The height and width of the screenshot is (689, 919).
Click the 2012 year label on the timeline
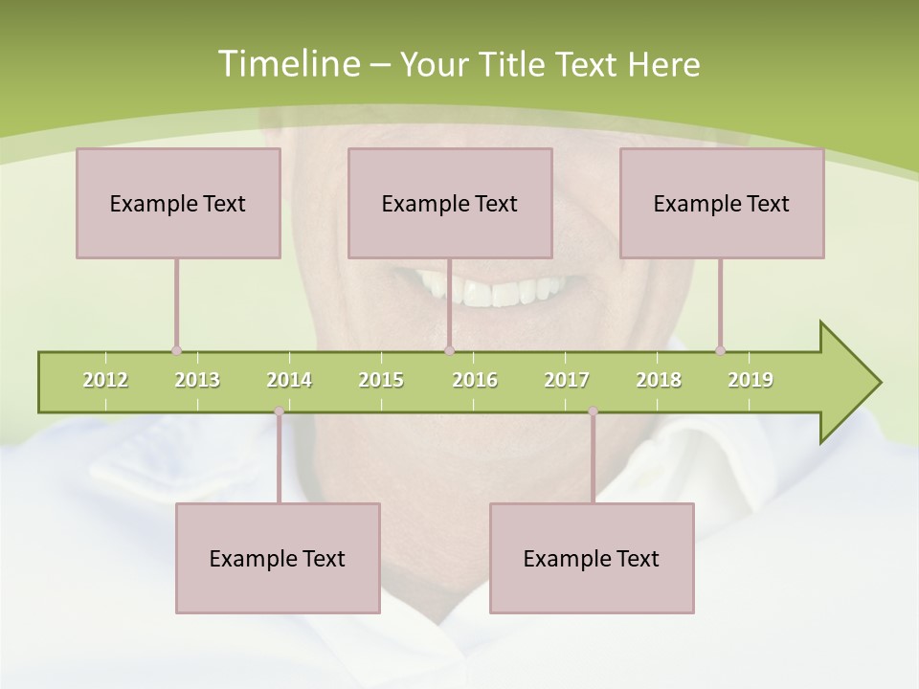[x=105, y=380]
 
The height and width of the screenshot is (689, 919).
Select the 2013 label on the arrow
[x=197, y=380]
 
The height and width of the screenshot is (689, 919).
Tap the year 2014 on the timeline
[x=289, y=380]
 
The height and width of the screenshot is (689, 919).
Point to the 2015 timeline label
[x=381, y=380]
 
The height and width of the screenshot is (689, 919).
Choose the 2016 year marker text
[x=475, y=380]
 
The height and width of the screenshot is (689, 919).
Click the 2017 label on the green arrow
[x=567, y=380]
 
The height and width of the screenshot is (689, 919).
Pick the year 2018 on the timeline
[x=659, y=380]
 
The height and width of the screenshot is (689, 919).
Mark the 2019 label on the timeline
[x=751, y=380]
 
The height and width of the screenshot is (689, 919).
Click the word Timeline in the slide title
[x=288, y=64]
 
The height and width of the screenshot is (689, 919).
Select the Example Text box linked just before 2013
[x=178, y=204]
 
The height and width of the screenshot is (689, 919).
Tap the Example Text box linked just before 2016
[x=450, y=204]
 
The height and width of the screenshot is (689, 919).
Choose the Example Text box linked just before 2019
[x=722, y=204]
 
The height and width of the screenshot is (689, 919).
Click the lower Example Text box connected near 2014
[x=278, y=559]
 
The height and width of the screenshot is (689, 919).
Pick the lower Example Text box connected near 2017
[x=592, y=559]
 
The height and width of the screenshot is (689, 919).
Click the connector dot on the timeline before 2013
[x=176, y=351]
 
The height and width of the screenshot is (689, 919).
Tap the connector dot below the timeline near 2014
[x=279, y=411]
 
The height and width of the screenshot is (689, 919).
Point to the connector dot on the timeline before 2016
[x=449, y=351]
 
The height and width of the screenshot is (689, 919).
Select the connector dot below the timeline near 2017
[x=593, y=411]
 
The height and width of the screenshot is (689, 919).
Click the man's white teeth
[x=498, y=288]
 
